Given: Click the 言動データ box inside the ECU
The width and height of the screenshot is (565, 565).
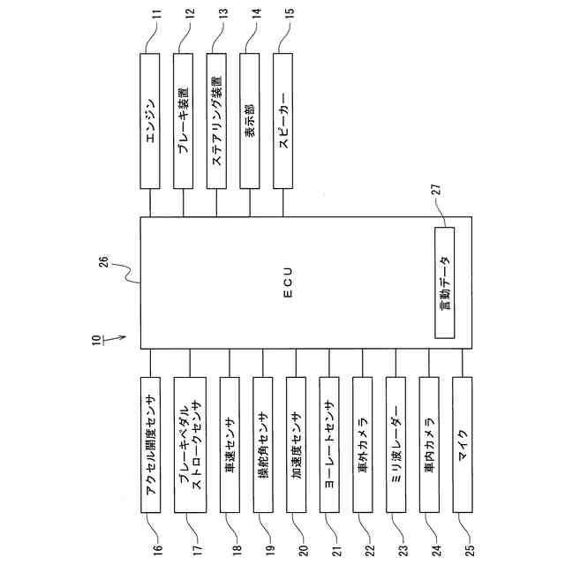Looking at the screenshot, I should coord(444,282).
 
